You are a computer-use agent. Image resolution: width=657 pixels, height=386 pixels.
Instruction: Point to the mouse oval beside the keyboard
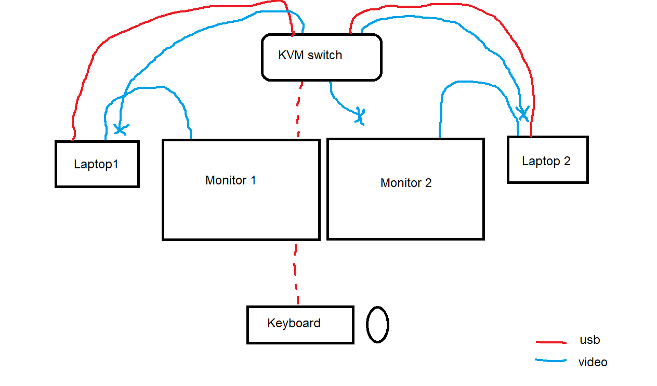[x=366, y=325]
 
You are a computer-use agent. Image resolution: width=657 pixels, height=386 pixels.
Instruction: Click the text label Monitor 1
[x=231, y=180]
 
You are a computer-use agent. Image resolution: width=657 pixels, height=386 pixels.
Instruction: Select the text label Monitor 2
[x=406, y=183]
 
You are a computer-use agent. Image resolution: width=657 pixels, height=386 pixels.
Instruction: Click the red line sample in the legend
[x=551, y=342]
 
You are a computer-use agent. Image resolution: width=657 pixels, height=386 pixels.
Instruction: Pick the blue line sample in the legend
[x=551, y=360]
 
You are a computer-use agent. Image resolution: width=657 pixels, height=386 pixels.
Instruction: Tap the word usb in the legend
[x=590, y=340]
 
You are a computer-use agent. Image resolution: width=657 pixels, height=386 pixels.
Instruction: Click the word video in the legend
[x=593, y=362]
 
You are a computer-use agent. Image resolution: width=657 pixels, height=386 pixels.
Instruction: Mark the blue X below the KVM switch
[x=360, y=116]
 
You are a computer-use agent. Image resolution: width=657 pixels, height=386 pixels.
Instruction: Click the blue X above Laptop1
[x=121, y=129]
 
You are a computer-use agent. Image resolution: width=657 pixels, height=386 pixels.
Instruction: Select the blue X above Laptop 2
[x=523, y=113]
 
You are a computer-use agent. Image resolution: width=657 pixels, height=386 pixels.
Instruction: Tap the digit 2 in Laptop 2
[x=567, y=161]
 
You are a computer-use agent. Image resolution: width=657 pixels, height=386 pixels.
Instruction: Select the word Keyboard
[x=294, y=323]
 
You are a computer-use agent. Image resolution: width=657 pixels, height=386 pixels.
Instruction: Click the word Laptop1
[x=96, y=164]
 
